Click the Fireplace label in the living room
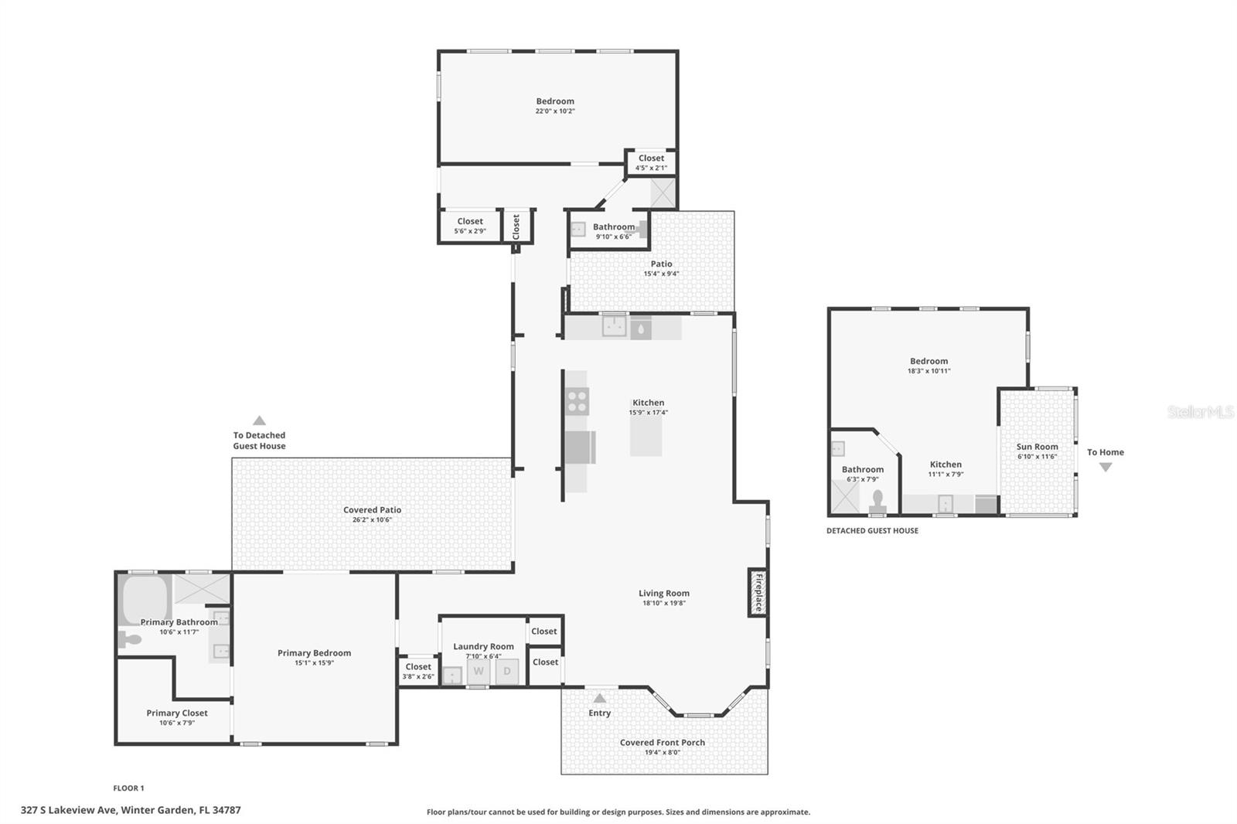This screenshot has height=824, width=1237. [758, 593]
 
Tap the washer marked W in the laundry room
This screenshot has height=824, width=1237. [479, 671]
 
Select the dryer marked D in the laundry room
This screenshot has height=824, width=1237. [507, 671]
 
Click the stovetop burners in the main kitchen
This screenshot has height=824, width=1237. [577, 401]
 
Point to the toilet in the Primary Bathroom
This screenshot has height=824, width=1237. [130, 639]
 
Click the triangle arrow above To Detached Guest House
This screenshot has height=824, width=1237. [260, 421]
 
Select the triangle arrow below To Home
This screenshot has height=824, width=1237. [1106, 467]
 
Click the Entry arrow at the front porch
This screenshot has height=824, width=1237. [599, 698]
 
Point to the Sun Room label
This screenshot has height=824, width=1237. [1037, 447]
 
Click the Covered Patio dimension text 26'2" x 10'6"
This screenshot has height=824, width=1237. [372, 520]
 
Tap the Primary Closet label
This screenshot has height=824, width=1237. [177, 713]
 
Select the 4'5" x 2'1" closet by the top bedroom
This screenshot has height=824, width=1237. [651, 162]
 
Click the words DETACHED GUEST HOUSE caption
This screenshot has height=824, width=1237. [872, 531]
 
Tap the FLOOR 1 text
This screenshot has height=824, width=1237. [128, 788]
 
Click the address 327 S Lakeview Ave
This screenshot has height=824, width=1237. [131, 810]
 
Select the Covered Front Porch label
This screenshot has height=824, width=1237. [663, 742]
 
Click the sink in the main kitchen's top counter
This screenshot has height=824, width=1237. [615, 326]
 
